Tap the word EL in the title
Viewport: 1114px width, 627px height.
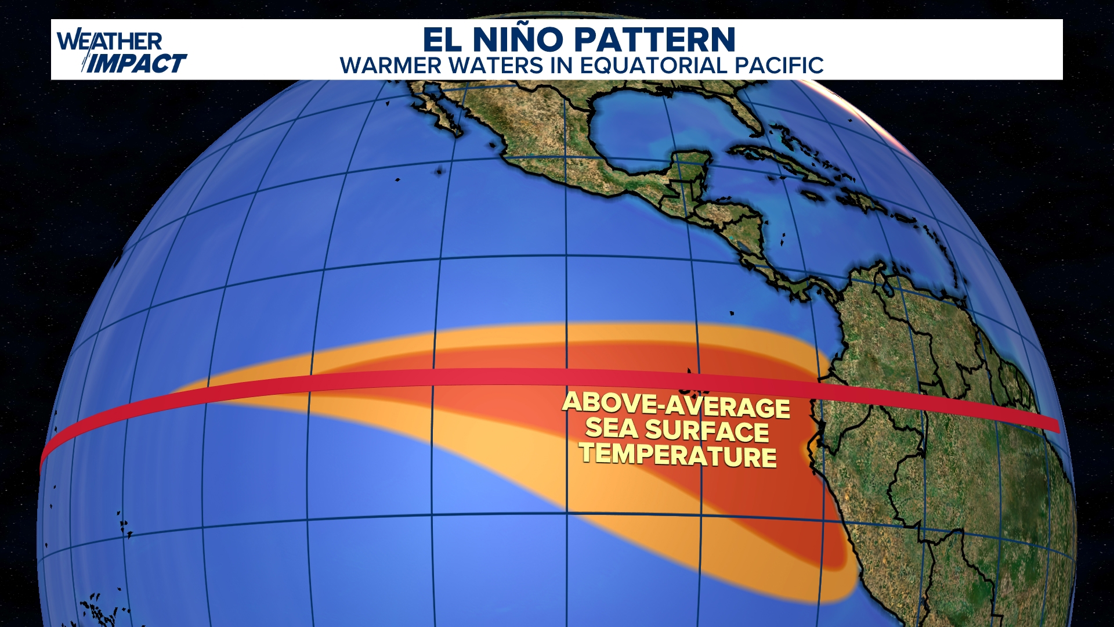[443, 39]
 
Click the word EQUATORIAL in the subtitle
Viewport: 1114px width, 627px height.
[653, 66]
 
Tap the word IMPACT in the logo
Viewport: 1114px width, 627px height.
[138, 63]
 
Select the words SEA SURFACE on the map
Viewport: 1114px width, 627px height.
[677, 430]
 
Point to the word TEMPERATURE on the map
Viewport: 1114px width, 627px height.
[678, 455]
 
